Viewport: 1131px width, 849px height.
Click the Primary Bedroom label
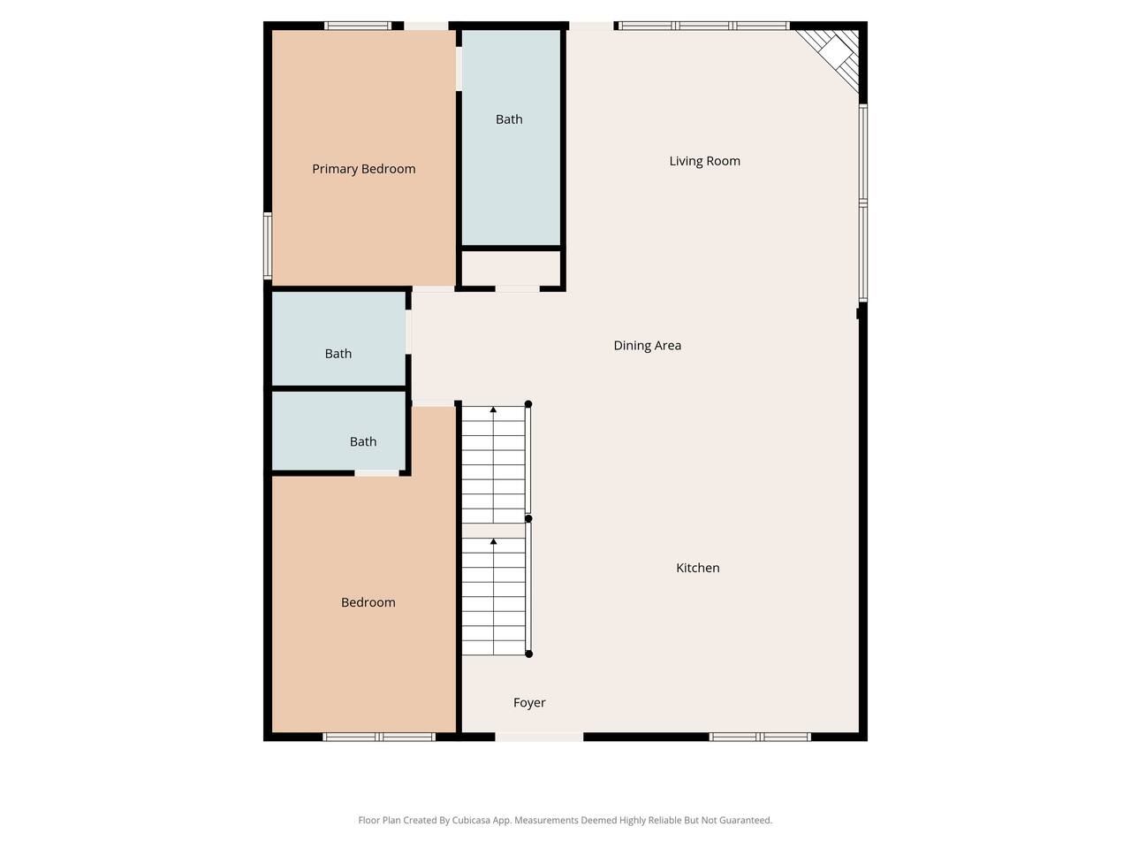[x=363, y=169]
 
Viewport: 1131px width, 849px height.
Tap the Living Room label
[x=704, y=161]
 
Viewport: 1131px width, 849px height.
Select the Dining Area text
[x=647, y=346]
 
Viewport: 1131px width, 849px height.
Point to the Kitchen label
[x=698, y=568]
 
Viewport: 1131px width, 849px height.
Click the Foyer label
[x=529, y=702]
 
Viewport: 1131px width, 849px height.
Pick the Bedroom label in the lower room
[x=368, y=602]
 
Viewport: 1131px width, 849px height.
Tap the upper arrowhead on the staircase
[x=493, y=409]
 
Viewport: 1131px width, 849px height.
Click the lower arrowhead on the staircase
[x=493, y=541]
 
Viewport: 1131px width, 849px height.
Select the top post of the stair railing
[x=528, y=404]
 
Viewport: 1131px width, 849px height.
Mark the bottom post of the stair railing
[x=528, y=654]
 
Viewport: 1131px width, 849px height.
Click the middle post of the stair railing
[x=528, y=518]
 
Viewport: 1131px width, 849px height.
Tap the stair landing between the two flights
[x=493, y=531]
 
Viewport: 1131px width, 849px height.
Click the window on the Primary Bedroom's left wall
[x=268, y=245]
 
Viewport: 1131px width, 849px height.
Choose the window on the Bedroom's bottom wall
[x=379, y=738]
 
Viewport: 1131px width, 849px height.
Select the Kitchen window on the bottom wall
[x=760, y=738]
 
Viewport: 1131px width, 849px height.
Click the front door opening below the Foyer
[x=540, y=738]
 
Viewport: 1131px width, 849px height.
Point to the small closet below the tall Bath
[x=511, y=268]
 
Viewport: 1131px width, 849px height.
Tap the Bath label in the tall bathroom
[x=509, y=119]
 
